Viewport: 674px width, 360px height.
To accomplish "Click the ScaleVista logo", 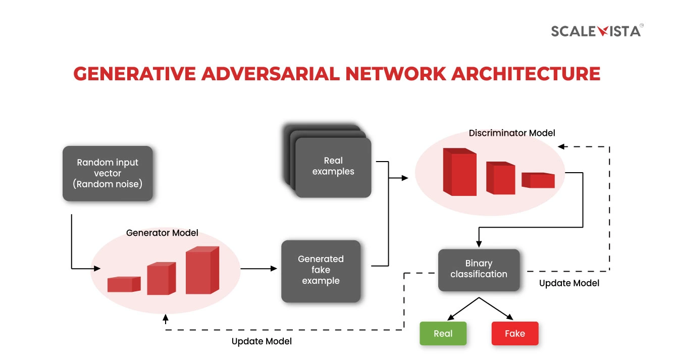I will pyautogui.click(x=596, y=31).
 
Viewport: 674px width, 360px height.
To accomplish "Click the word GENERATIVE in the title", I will pyautogui.click(x=133, y=74).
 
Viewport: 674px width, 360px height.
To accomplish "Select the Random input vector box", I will pyautogui.click(x=108, y=173).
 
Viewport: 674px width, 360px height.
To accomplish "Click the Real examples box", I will pyautogui.click(x=333, y=167).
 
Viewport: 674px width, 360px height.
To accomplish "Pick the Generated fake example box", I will pyautogui.click(x=321, y=270).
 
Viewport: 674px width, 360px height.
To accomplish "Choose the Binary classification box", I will pyautogui.click(x=479, y=269).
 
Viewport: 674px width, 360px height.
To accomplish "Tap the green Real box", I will pyautogui.click(x=443, y=334).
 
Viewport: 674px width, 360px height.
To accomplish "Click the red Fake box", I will pyautogui.click(x=515, y=334).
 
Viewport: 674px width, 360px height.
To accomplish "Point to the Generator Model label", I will pyautogui.click(x=162, y=233).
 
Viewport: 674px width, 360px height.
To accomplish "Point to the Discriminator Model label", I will pyautogui.click(x=512, y=133).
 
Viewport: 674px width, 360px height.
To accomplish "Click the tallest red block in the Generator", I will pyautogui.click(x=201, y=272).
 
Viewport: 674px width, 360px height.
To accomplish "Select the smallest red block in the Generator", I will pyautogui.click(x=123, y=284).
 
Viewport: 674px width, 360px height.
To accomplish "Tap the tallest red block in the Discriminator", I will pyautogui.click(x=459, y=172).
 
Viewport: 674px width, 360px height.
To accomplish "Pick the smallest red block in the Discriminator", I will pyautogui.click(x=538, y=180).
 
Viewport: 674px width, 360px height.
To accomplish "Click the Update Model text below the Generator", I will pyautogui.click(x=262, y=341).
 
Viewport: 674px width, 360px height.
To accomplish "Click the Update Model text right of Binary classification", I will pyautogui.click(x=569, y=283).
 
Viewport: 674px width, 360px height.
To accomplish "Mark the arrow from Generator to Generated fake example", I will pyautogui.click(x=260, y=269).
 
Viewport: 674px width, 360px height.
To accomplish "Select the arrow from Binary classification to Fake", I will pyautogui.click(x=497, y=308).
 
